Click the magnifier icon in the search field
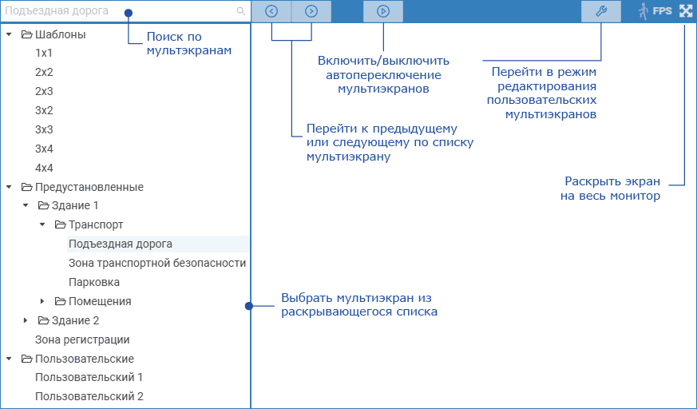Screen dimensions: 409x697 point(241,12)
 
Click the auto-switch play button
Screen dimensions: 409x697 point(383,11)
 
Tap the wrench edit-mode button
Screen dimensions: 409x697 point(601,11)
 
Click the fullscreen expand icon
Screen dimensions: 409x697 point(686,11)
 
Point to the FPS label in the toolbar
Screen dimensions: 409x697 point(662,12)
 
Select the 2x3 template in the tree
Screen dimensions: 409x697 point(44,91)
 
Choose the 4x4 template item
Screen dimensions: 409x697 point(44,168)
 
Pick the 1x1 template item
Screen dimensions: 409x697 point(44,53)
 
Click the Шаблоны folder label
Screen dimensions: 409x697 point(60,34)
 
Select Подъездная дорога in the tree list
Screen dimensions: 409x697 point(121,244)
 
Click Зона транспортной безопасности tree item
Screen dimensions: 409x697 point(157,263)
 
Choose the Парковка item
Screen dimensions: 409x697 point(94,282)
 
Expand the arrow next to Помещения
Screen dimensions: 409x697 point(43,301)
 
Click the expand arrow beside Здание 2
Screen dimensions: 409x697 point(26,320)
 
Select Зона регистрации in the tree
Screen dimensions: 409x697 point(82,340)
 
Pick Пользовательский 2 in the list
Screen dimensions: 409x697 point(89,396)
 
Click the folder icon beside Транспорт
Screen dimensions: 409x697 point(59,224)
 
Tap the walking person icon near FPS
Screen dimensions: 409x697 point(643,11)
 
